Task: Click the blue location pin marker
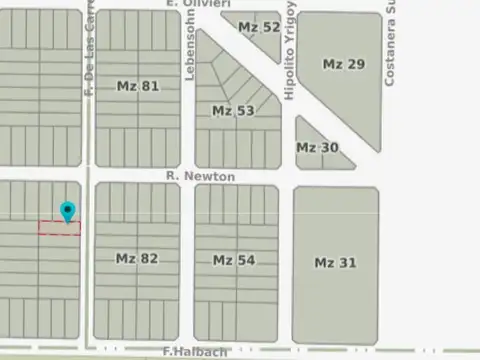tap(67, 212)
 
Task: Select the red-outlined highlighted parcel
tap(59, 229)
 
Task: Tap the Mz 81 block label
tap(138, 86)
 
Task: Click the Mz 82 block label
tap(137, 258)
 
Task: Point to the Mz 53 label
tap(233, 110)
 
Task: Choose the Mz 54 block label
tap(234, 260)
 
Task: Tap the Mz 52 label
tap(259, 27)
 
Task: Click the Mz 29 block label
tap(343, 64)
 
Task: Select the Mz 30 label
tap(317, 147)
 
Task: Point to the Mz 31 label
tap(335, 263)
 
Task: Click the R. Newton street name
tap(201, 176)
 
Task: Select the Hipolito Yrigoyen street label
tap(290, 50)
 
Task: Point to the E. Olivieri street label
tap(196, 4)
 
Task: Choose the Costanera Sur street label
tap(391, 42)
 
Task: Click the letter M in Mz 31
tap(320, 263)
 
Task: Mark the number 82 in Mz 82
tap(149, 258)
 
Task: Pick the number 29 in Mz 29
tap(356, 64)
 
